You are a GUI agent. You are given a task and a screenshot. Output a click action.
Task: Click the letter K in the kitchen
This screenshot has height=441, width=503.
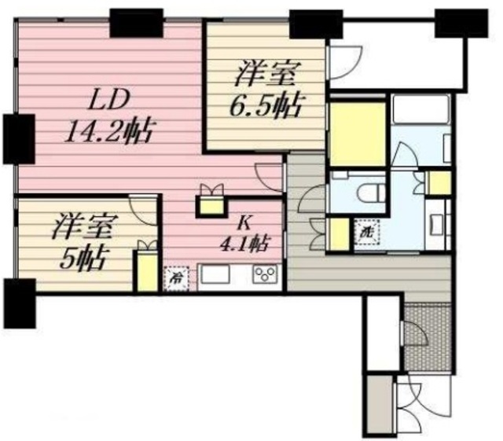(233, 222)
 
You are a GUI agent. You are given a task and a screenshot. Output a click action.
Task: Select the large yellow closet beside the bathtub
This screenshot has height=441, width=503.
(356, 133)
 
